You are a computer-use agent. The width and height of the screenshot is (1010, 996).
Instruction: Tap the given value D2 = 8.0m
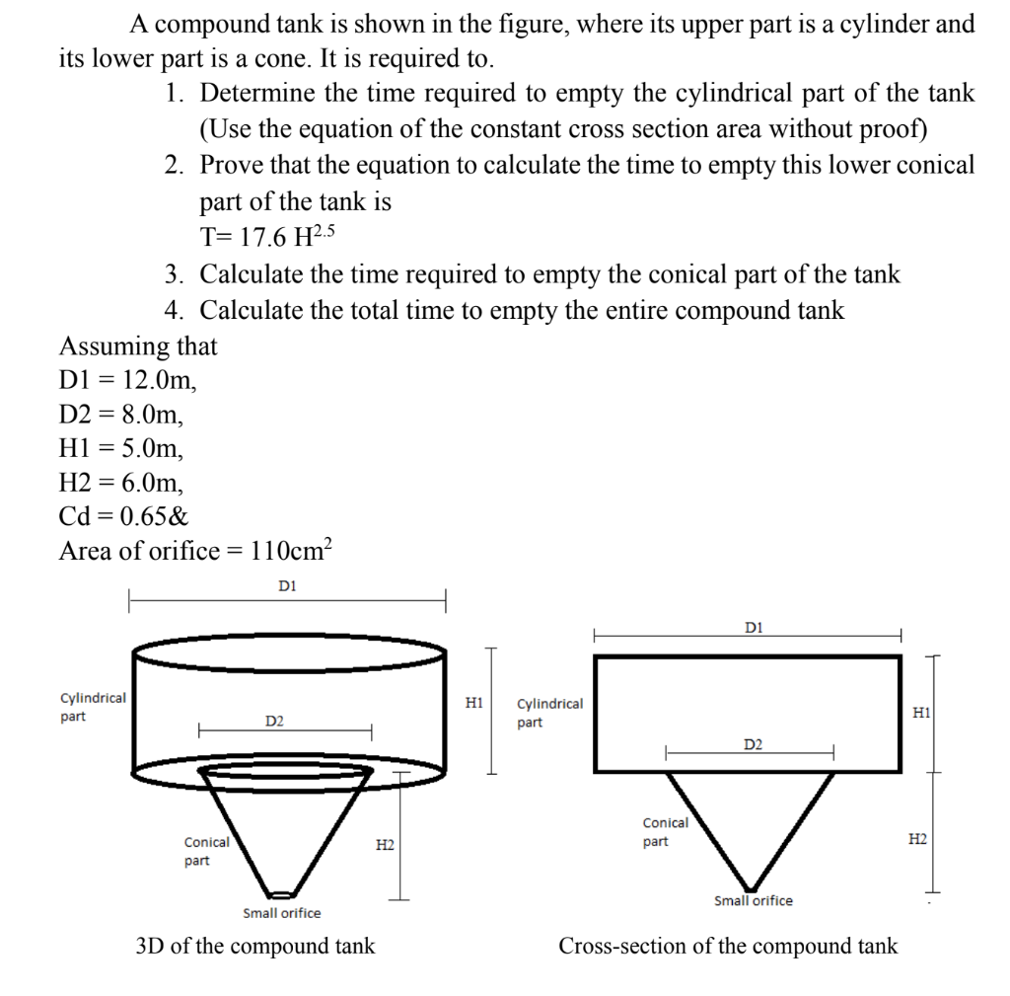[x=121, y=415]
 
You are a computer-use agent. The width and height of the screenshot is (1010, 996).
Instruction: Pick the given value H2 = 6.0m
[x=121, y=483]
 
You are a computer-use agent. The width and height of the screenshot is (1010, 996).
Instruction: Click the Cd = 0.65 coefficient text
[x=124, y=516]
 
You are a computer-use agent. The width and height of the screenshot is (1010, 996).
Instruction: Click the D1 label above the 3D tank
[x=287, y=586]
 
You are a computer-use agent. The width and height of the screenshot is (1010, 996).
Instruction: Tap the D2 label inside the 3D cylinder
[x=274, y=722]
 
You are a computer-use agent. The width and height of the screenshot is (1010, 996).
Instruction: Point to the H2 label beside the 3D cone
[x=386, y=845]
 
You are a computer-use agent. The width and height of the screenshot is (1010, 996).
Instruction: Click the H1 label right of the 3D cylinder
[x=473, y=703]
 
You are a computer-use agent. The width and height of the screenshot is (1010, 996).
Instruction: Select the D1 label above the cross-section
[x=754, y=627]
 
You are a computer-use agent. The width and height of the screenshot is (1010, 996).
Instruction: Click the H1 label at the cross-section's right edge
[x=920, y=712]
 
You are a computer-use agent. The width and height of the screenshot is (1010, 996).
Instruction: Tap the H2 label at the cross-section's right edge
[x=917, y=839]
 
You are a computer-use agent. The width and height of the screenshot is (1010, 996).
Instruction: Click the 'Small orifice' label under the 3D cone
[x=281, y=913]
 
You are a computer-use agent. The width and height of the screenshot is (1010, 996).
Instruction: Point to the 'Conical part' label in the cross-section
[x=665, y=832]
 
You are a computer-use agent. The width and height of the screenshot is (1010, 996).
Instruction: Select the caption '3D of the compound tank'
[x=254, y=946]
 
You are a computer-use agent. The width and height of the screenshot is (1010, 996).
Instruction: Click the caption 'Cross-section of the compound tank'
[x=728, y=946]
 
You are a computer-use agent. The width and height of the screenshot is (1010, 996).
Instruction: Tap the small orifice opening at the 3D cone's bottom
[x=282, y=895]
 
